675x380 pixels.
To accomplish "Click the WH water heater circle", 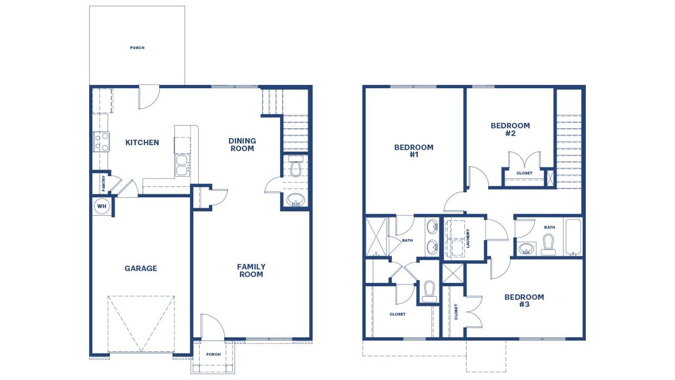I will (x=102, y=206).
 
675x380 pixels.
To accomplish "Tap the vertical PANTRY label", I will (x=104, y=183).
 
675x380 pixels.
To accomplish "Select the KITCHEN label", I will (x=142, y=142).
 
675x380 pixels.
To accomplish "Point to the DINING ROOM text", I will (x=242, y=145).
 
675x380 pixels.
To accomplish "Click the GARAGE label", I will (x=141, y=268).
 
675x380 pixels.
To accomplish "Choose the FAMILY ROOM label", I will (x=251, y=270).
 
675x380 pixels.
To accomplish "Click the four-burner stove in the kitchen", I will (x=101, y=141).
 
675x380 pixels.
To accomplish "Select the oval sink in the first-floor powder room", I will (x=295, y=201).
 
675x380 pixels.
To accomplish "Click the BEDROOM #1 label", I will (x=414, y=151).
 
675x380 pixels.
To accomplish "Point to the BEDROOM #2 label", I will (x=510, y=129).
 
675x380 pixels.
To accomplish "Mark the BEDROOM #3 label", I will (x=524, y=301).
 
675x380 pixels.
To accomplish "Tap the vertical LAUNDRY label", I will (x=468, y=237).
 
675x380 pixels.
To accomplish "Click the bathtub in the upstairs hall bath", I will (x=573, y=237).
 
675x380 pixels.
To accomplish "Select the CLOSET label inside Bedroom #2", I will (x=524, y=173).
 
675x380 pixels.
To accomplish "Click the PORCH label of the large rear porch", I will (x=137, y=48).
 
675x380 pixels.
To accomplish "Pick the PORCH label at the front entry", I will (x=213, y=354).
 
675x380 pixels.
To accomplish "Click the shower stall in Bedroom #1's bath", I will (x=377, y=236).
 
